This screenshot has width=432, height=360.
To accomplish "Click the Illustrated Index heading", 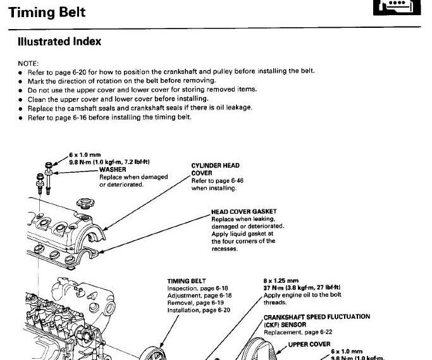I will click(59, 42).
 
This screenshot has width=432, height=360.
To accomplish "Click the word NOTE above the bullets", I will click(28, 63).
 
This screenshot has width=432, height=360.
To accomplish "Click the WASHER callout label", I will click(113, 170).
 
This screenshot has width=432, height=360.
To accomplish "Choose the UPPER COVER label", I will click(309, 345).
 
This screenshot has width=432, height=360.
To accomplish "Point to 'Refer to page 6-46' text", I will click(217, 181).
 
